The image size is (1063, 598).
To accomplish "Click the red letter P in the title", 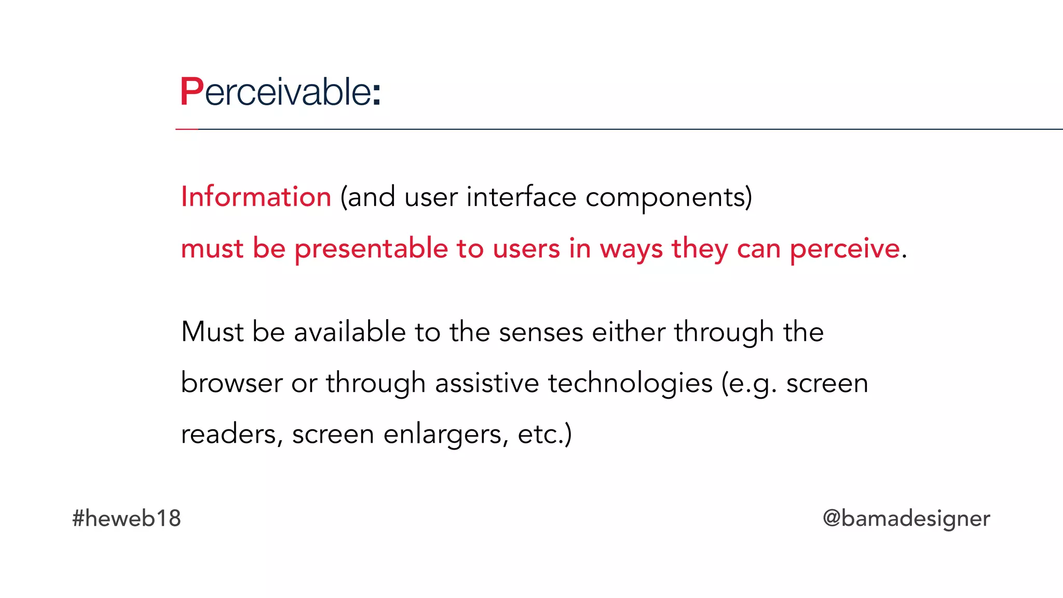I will pyautogui.click(x=191, y=92).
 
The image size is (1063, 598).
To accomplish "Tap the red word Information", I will pyautogui.click(x=256, y=197).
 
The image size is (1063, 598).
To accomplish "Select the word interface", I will pyautogui.click(x=521, y=197).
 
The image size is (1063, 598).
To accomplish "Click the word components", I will pyautogui.click(x=668, y=198).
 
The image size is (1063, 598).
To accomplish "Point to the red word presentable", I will pyautogui.click(x=371, y=248).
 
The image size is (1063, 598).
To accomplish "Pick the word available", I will pyautogui.click(x=350, y=332).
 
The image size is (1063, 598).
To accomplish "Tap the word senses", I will pyautogui.click(x=541, y=333).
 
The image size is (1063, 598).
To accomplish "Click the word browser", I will pyautogui.click(x=231, y=383).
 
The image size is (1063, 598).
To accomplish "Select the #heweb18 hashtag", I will pyautogui.click(x=127, y=518).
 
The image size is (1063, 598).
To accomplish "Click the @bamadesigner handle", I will pyautogui.click(x=906, y=519).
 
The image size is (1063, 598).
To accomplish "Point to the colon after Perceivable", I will pyautogui.click(x=377, y=94).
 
